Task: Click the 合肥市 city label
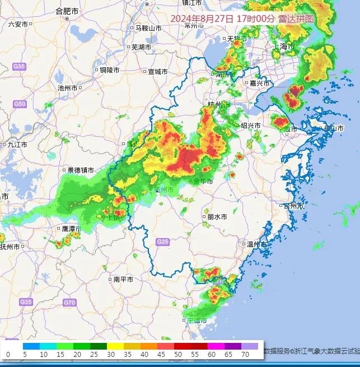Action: tap(67, 11)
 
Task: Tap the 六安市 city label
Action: tap(18, 24)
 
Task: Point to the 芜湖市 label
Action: tap(141, 47)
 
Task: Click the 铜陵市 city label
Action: tap(109, 70)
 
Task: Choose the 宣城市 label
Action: tap(157, 72)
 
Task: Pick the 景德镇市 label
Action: tap(81, 170)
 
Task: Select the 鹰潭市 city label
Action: tap(71, 229)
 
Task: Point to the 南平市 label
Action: tap(123, 279)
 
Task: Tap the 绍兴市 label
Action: tap(250, 126)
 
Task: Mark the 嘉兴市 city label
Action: tap(259, 83)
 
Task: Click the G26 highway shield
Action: tap(162, 241)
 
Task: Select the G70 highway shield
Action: tap(69, 303)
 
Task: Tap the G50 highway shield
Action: tap(20, 104)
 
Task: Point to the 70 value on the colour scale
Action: tap(245, 355)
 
